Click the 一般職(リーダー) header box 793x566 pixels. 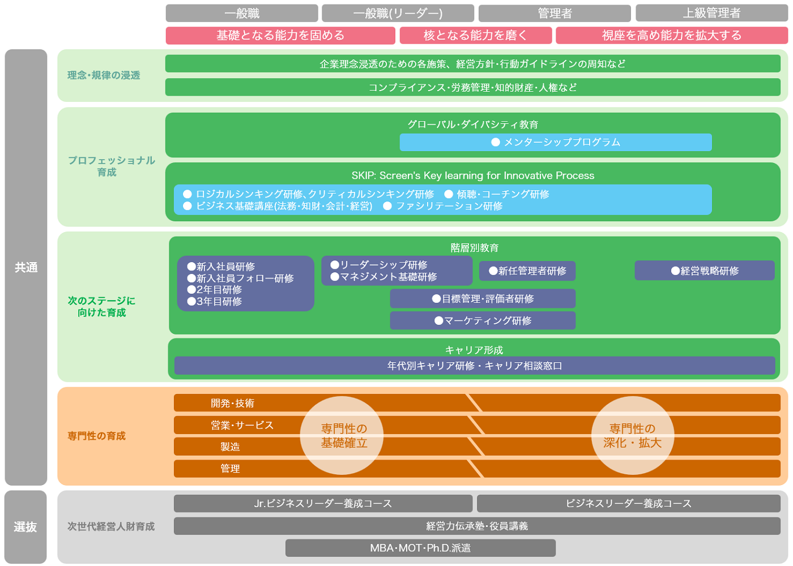pyautogui.click(x=398, y=13)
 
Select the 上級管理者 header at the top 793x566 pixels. pyautogui.click(x=711, y=13)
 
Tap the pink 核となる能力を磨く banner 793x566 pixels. pyautogui.click(x=475, y=35)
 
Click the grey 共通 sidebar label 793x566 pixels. pyautogui.click(x=26, y=267)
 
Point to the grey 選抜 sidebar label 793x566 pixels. pyautogui.click(x=25, y=527)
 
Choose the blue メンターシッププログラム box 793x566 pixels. pyautogui.click(x=555, y=142)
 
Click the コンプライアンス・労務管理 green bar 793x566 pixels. pyautogui.click(x=472, y=87)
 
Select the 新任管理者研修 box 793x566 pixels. pyautogui.click(x=527, y=271)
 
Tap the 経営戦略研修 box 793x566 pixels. pyautogui.click(x=704, y=271)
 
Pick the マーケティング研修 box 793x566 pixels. pyautogui.click(x=483, y=320)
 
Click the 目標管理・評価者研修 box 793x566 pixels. pyautogui.click(x=483, y=298)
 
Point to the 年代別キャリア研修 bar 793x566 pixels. pyautogui.click(x=474, y=366)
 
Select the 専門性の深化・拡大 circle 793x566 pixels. pyautogui.click(x=632, y=435)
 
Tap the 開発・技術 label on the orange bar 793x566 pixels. pyautogui.click(x=232, y=403)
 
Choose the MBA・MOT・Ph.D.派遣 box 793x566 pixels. pyautogui.click(x=420, y=548)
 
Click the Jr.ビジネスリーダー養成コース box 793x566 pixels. pyautogui.click(x=323, y=503)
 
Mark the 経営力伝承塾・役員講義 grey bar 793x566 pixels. pyautogui.click(x=476, y=526)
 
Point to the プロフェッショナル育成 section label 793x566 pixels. pyautogui.click(x=111, y=166)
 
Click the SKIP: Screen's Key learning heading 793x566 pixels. pyautogui.click(x=472, y=175)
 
